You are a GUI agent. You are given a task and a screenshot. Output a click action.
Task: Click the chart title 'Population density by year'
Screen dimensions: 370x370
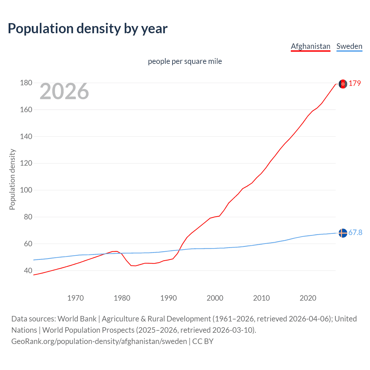(x=88, y=29)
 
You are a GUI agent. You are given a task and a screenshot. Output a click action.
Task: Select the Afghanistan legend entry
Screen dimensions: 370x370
(x=310, y=46)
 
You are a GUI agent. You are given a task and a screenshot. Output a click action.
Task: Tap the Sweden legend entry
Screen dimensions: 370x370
(x=349, y=46)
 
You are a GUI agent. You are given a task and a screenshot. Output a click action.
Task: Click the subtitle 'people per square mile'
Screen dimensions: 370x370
(x=185, y=61)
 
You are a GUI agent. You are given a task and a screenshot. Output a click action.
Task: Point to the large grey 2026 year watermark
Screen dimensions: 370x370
(x=64, y=91)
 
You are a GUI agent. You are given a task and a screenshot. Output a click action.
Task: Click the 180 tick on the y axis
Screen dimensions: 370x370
(x=26, y=83)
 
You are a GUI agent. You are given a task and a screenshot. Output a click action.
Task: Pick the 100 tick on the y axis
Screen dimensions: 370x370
(x=26, y=190)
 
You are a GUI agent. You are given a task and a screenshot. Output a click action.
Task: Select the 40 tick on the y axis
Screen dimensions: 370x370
(x=28, y=271)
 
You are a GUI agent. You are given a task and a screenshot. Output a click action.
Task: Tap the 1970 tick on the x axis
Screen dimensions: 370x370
(x=75, y=298)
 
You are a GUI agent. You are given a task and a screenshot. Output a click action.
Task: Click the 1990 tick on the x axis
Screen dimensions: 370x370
(x=169, y=298)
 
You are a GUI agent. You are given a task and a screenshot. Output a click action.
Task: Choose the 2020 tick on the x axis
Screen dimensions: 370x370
(x=308, y=298)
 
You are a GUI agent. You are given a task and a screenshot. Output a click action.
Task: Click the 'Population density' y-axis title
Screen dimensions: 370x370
(x=12, y=179)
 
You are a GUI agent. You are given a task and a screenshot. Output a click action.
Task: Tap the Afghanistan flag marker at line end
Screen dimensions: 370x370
(x=343, y=84)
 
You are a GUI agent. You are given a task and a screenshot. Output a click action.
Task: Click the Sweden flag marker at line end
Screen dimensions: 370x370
(x=343, y=233)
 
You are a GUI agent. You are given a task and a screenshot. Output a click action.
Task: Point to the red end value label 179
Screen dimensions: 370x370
(x=355, y=84)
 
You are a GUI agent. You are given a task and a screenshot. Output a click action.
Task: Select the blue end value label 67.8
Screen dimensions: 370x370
(x=355, y=233)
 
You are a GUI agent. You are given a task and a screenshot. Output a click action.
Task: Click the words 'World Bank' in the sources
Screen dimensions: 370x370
(x=77, y=319)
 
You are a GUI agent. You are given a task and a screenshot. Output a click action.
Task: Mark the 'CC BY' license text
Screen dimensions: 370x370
(x=203, y=341)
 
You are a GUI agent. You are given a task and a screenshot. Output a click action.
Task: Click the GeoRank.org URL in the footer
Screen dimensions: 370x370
(x=99, y=341)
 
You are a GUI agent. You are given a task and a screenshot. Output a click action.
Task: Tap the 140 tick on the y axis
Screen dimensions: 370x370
(x=26, y=136)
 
